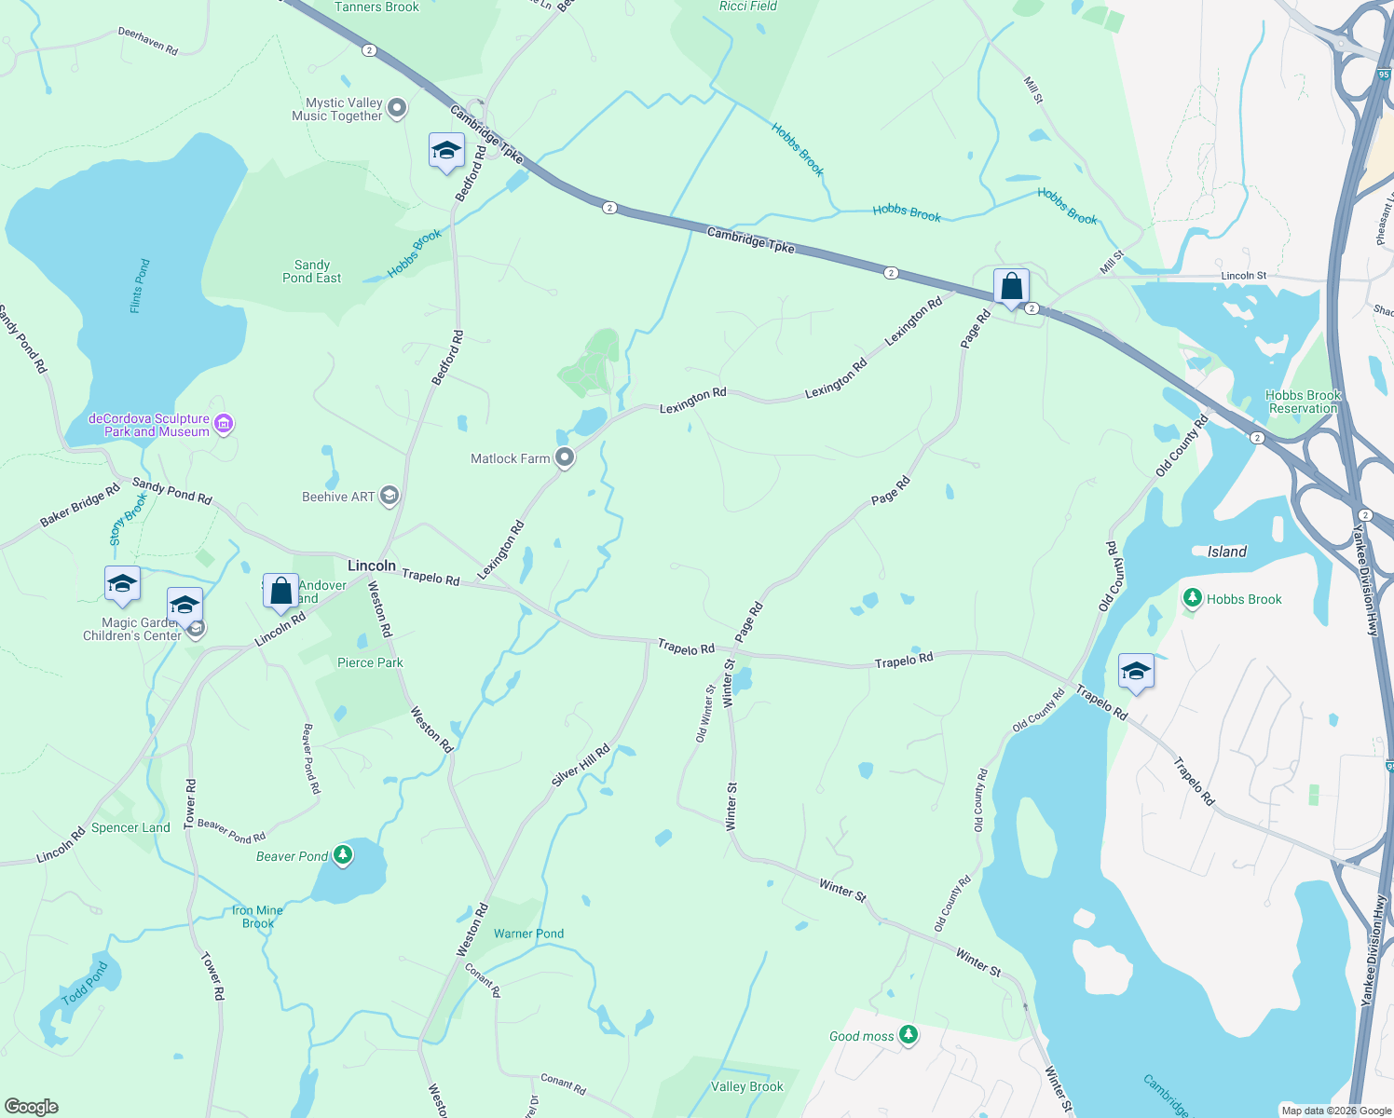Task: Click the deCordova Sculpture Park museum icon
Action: tap(224, 425)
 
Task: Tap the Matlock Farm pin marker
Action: tap(564, 457)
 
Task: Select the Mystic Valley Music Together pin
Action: tap(397, 109)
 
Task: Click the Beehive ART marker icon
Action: tap(389, 496)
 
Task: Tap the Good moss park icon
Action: tap(909, 1034)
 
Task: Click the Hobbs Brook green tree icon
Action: tap(1192, 598)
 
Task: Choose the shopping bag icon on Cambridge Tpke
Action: tap(1011, 287)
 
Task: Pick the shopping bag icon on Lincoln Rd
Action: tap(280, 591)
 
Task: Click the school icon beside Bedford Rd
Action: tap(446, 150)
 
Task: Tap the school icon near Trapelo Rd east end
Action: tap(1136, 672)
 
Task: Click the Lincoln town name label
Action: tap(371, 566)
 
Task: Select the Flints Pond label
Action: tap(140, 286)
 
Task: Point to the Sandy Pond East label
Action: tap(311, 271)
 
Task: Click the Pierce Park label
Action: tap(370, 662)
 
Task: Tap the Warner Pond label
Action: tap(528, 934)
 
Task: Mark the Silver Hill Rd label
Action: tap(580, 765)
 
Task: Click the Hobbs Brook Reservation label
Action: tap(1303, 402)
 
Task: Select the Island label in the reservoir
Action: tap(1226, 552)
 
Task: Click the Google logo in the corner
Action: tap(32, 1106)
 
